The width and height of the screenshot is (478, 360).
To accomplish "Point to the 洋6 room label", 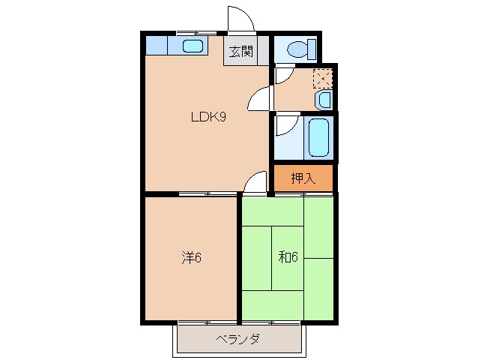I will pyautogui.click(x=191, y=258).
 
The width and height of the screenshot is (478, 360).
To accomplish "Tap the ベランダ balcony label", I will pyautogui.click(x=238, y=340).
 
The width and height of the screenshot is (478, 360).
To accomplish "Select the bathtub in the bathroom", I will pyautogui.click(x=318, y=136).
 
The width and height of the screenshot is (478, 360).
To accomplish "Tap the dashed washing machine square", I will pyautogui.click(x=322, y=78).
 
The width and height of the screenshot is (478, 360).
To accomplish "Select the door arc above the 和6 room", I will pyautogui.click(x=256, y=182).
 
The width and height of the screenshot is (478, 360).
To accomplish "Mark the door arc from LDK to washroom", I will pyautogui.click(x=259, y=98).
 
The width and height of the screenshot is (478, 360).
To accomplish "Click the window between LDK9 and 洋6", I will pyautogui.click(x=208, y=194).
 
